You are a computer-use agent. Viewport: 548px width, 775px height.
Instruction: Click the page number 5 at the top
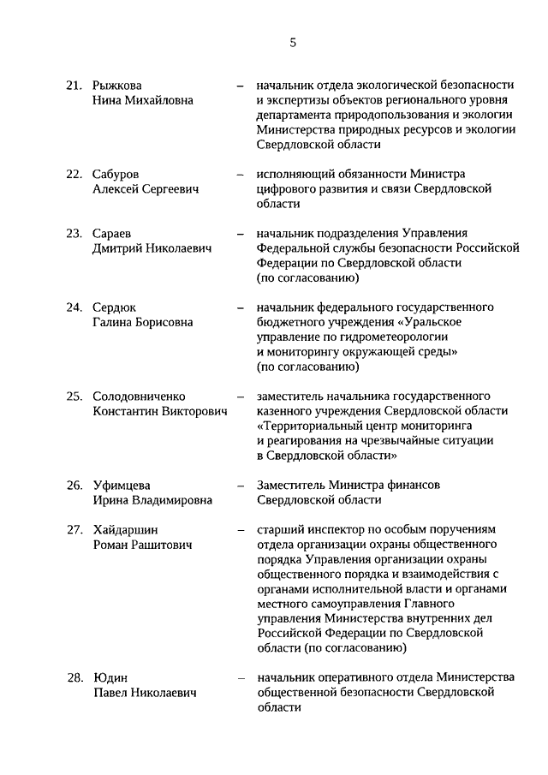(293, 40)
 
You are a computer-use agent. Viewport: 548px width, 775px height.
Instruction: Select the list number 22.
(74, 174)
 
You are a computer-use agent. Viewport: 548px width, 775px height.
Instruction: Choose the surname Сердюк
(115, 307)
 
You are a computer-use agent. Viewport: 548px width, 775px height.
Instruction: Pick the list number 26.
(74, 486)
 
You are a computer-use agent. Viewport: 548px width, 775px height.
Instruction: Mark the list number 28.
(74, 678)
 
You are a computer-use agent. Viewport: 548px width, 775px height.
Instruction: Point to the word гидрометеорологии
(385, 337)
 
